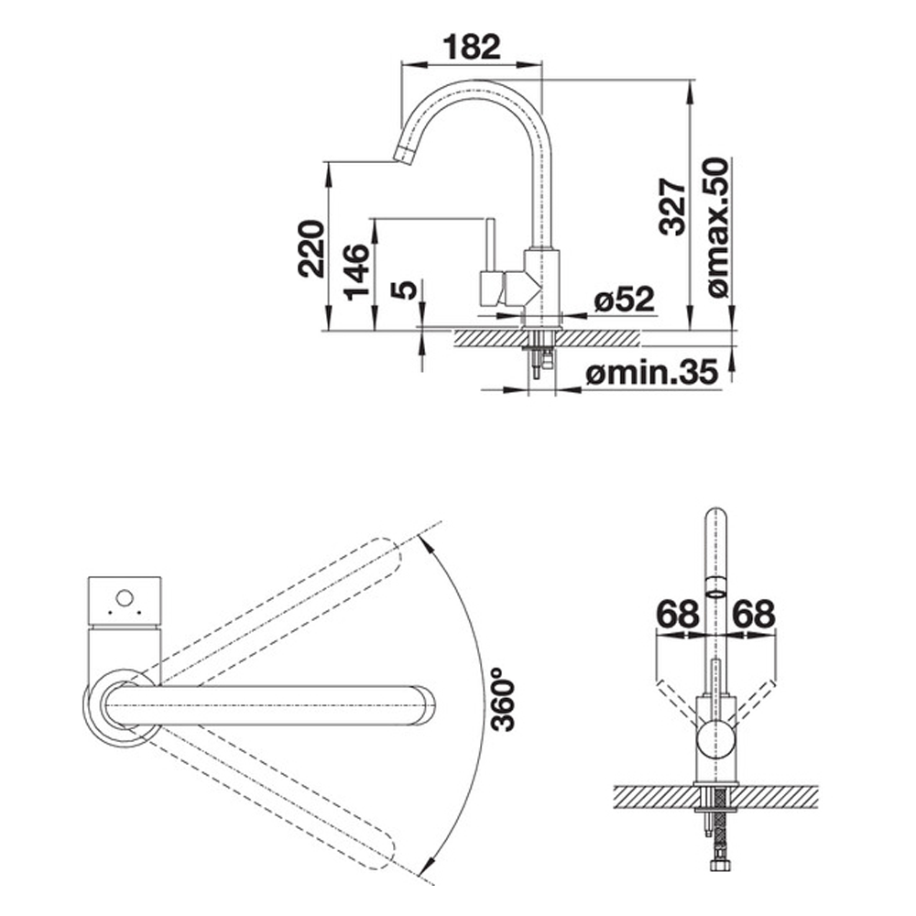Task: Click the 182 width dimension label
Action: pyautogui.click(x=472, y=47)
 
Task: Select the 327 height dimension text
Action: pyautogui.click(x=672, y=206)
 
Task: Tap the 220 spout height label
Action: pyautogui.click(x=311, y=248)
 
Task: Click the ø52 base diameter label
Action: pyautogui.click(x=624, y=300)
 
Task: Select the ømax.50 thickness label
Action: pyautogui.click(x=717, y=225)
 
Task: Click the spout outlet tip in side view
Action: pyautogui.click(x=402, y=155)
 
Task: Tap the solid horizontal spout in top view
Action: pyautogui.click(x=275, y=706)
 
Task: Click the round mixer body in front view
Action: pyautogui.click(x=716, y=738)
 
